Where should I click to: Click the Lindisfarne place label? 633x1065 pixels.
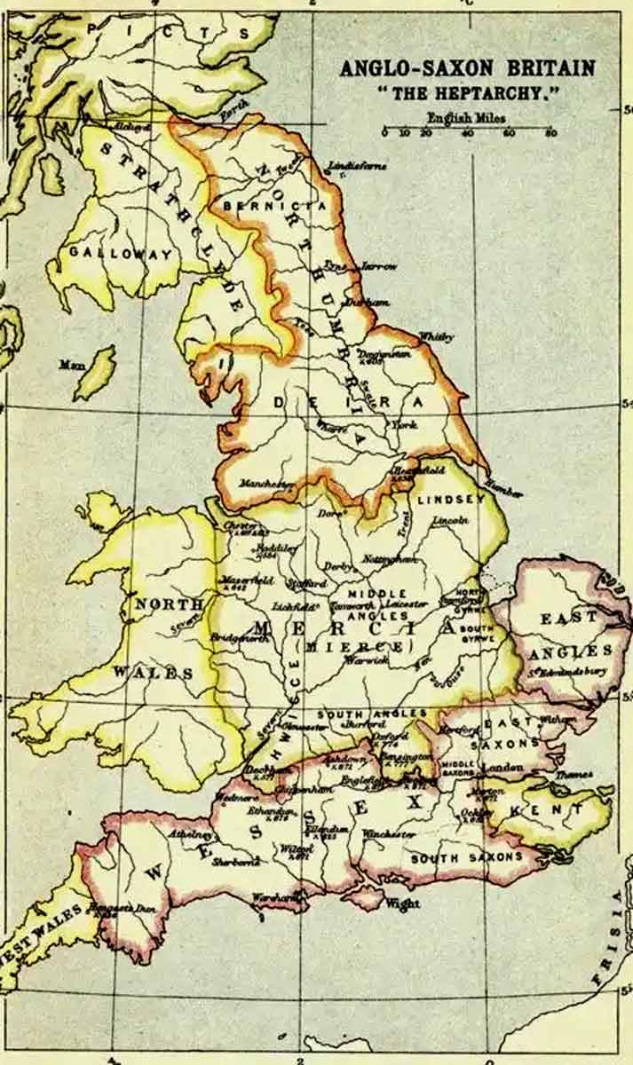[x=357, y=166]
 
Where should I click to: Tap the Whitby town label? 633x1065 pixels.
[x=436, y=337]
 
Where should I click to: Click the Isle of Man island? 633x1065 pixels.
[x=94, y=373]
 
